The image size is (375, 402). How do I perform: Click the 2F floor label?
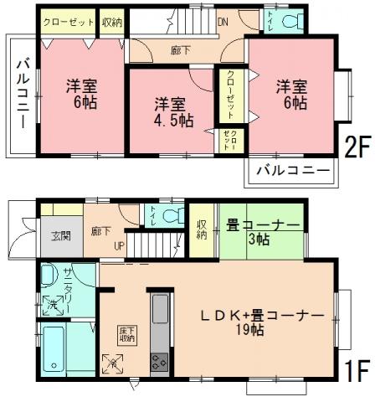point(356,147)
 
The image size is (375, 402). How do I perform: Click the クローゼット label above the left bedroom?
point(69,23)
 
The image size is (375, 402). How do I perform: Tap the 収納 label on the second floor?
point(112,23)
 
